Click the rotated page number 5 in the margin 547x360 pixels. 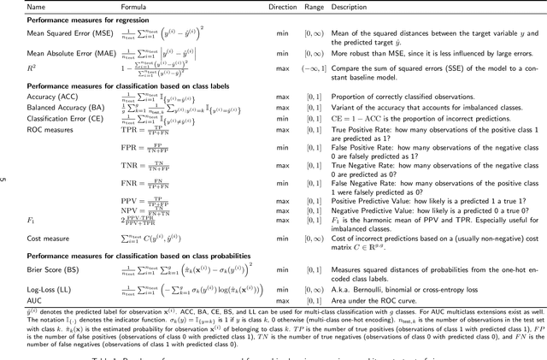tap(5, 180)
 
